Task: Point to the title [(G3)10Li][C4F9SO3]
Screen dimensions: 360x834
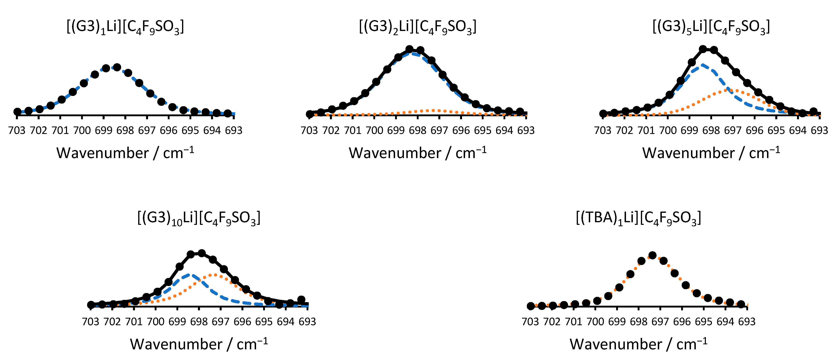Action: coord(199,218)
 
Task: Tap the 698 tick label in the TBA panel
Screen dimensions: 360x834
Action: coord(638,321)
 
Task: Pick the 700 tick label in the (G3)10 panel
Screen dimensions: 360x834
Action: coord(155,321)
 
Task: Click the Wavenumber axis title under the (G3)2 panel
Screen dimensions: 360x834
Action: coord(417,153)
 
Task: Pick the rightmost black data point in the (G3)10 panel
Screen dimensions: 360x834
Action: coord(301,299)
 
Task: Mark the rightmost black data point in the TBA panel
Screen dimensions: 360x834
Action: coord(741,304)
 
